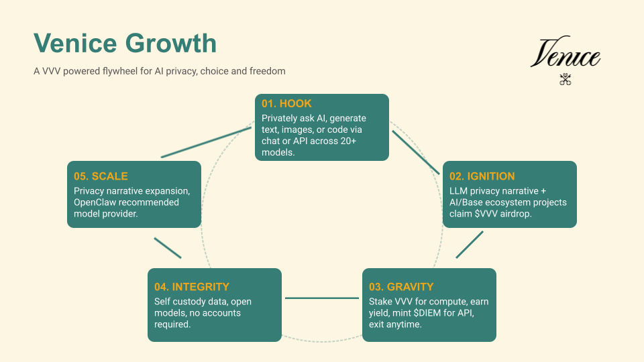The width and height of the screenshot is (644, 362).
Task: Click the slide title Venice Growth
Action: tap(125, 43)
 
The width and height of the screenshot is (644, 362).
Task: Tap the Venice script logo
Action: tap(565, 52)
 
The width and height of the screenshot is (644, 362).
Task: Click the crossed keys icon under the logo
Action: tap(565, 79)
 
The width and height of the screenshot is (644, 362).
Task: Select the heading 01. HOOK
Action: tap(286, 103)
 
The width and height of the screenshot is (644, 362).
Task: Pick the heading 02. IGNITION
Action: tap(482, 176)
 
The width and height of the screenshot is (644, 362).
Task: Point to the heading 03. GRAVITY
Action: tap(401, 286)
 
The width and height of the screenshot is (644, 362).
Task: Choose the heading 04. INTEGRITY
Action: tap(192, 286)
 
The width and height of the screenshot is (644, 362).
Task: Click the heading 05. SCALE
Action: tap(101, 176)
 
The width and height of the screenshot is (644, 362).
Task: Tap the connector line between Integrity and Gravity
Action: tap(322, 298)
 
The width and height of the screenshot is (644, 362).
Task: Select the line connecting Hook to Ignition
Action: tap(416, 152)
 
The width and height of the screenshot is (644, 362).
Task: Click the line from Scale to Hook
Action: tap(206, 142)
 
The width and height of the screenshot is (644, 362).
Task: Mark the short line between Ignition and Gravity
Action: tap(470, 245)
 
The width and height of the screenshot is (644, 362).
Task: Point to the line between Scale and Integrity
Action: tap(168, 248)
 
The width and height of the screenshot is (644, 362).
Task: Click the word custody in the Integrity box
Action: tap(191, 302)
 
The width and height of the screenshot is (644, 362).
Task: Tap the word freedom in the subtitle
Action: tap(268, 71)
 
